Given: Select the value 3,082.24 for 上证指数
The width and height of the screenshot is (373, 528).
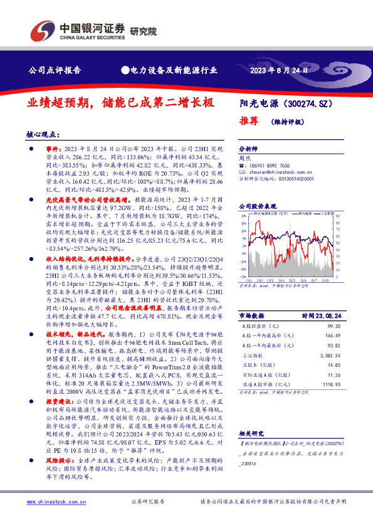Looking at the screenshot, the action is [331, 355].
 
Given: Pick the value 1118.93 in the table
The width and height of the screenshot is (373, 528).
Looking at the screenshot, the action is [332, 383].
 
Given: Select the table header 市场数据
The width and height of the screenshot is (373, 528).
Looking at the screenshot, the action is [253, 315].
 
